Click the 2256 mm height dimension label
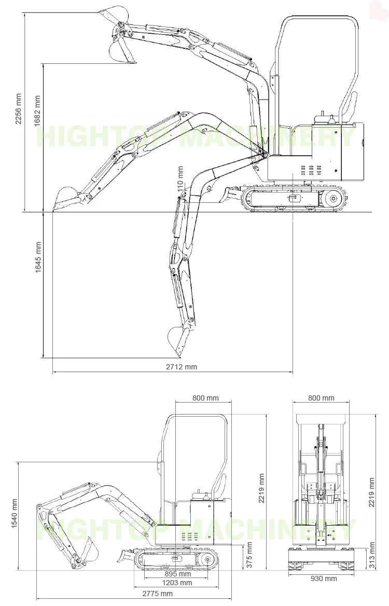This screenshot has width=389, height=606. [x=18, y=109]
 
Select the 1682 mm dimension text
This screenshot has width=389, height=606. [x=37, y=111]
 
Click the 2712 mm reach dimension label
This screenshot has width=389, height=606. [x=182, y=367]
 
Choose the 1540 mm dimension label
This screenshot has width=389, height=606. [x=14, y=514]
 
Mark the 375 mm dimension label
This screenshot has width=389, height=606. [x=249, y=555]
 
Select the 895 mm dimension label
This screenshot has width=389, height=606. [x=178, y=574]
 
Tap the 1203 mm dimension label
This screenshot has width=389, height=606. [x=178, y=583]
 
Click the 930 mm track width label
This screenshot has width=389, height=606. [x=324, y=579]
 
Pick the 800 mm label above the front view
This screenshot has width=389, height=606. [x=321, y=398]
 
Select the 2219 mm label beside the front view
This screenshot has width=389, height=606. [x=371, y=490]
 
